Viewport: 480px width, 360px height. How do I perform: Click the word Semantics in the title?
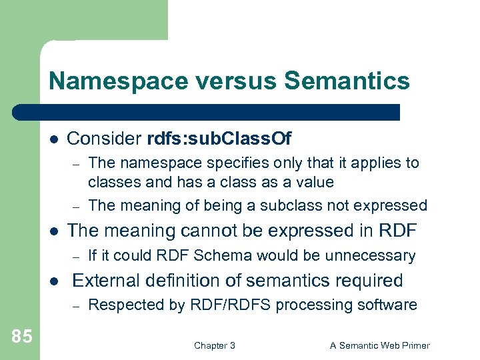click(347, 81)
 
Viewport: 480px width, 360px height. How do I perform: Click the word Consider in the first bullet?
click(103, 139)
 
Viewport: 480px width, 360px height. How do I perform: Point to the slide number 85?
click(21, 337)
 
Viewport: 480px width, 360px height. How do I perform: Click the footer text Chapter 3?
click(214, 345)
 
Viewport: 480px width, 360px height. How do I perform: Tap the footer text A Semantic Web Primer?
click(380, 345)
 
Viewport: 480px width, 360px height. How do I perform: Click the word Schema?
click(190, 255)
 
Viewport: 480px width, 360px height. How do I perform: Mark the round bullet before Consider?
click(53, 139)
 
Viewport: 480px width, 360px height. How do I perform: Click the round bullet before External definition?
click(53, 281)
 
